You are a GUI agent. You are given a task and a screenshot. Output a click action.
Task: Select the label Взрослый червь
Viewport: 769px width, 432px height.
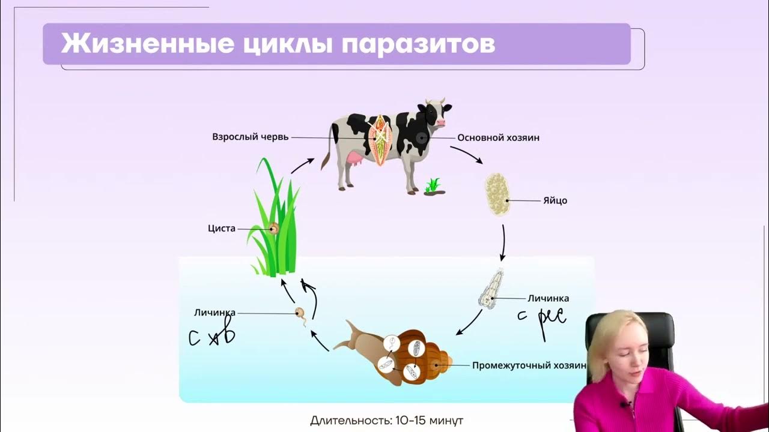(250, 137)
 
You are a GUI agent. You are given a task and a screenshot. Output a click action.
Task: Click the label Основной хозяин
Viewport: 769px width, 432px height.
(498, 137)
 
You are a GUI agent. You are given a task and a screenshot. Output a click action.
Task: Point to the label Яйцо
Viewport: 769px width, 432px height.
(555, 200)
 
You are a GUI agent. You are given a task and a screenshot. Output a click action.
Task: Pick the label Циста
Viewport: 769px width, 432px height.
(221, 229)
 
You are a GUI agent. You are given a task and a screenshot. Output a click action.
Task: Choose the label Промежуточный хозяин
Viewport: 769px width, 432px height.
(528, 365)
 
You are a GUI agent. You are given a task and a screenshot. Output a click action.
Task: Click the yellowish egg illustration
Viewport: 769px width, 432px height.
(497, 194)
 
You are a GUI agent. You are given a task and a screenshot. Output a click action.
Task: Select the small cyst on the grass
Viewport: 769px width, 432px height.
(274, 228)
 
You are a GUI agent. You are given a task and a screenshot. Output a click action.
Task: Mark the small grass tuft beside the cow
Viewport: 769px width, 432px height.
(433, 186)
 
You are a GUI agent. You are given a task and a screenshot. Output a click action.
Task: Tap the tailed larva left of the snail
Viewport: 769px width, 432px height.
(300, 313)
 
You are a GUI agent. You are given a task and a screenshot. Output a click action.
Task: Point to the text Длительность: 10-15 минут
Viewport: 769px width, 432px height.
(386, 420)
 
